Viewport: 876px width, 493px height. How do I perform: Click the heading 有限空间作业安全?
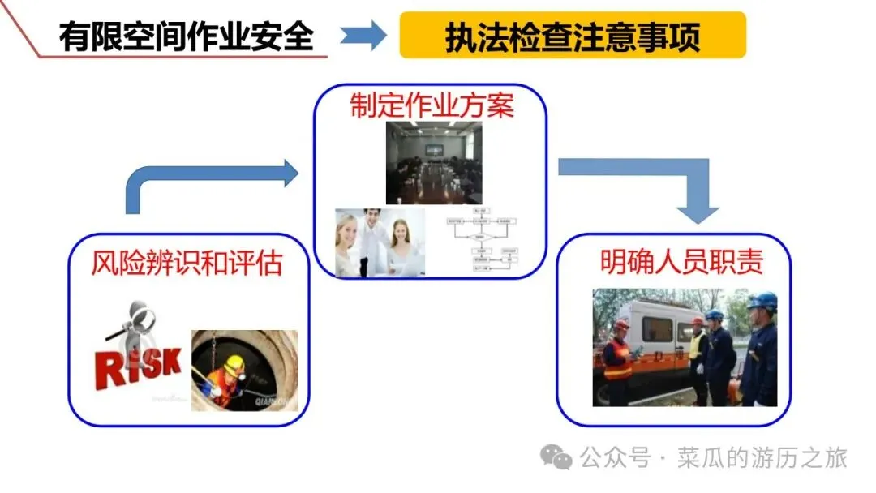tap(186, 36)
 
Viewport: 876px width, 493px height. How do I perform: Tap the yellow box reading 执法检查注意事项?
tap(572, 36)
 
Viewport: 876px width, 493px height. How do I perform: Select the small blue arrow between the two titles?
tap(363, 36)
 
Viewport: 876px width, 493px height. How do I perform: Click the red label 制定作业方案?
tap(432, 105)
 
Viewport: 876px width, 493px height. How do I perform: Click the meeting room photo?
tap(433, 163)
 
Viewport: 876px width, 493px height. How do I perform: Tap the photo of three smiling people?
tap(380, 242)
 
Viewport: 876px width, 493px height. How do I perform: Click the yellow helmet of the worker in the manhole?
tap(234, 362)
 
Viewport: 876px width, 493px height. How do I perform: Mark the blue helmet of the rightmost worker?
tap(763, 302)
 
